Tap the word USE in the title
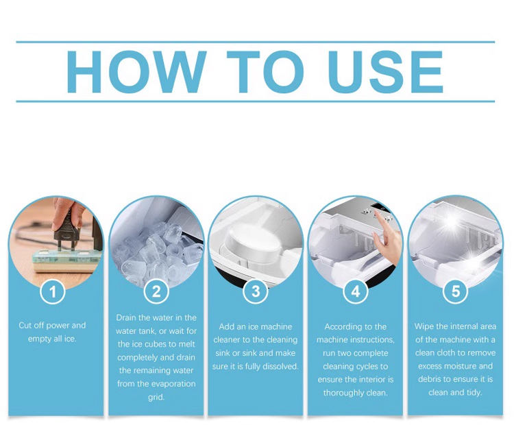tap(385, 72)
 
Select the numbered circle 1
tap(53, 291)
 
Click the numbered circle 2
tap(156, 291)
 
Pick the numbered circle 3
tap(256, 291)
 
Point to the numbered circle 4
tap(356, 291)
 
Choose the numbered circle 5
tap(456, 291)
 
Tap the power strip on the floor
tap(66, 261)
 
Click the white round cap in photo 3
tap(252, 242)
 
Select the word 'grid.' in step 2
tap(156, 398)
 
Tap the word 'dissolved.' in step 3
tap(280, 366)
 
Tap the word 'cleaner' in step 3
tap(227, 340)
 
